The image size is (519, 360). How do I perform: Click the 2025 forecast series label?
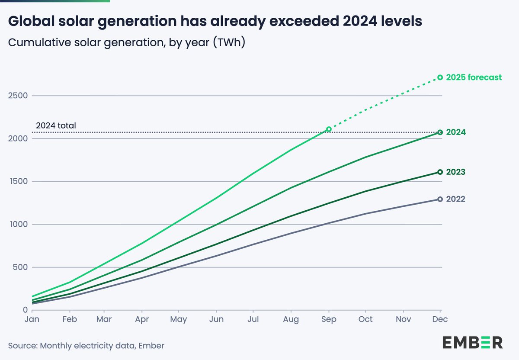474,77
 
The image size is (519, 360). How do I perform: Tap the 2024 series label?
455,132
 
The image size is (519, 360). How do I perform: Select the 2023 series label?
455,172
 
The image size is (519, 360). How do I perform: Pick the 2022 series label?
455,199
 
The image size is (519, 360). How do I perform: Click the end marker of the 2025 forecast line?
440,77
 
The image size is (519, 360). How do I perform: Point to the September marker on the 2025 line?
329,129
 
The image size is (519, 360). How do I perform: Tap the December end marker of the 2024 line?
440,132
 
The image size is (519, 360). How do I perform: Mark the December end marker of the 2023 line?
440,172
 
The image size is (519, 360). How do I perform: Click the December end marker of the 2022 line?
440,199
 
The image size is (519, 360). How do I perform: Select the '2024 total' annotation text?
56,126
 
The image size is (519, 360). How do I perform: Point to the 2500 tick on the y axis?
17,96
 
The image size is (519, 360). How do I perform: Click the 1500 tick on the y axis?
17,181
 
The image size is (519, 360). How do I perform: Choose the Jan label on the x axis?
32,319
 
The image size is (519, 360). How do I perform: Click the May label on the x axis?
179,320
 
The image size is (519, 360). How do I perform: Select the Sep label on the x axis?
329,320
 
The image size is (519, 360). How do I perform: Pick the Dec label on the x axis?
440,319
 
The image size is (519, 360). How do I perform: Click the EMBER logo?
472,342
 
